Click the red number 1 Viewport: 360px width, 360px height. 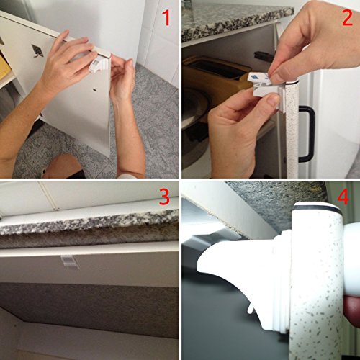coord(166,18)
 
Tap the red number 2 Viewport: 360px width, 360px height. coord(347,18)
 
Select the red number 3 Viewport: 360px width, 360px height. coord(164,197)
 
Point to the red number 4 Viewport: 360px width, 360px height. coord(343,197)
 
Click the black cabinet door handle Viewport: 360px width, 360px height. coord(308,133)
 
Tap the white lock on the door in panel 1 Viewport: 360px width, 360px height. coord(99,65)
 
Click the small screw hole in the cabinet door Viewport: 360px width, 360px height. coord(94,90)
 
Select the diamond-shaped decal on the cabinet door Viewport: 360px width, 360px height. coord(37,50)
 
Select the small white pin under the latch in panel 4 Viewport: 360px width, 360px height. coord(251,309)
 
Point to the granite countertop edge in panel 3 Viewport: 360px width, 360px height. coord(89,222)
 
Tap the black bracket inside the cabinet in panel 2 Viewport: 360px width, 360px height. coord(264,55)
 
